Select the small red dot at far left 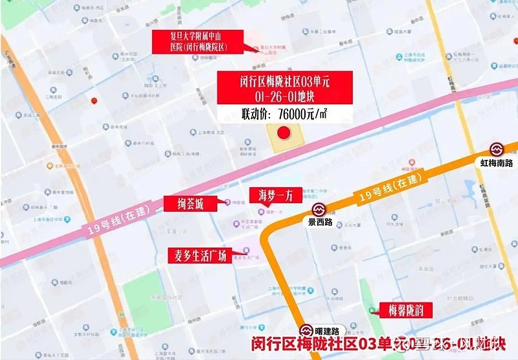(x=95, y=101)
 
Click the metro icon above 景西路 (x=319, y=209)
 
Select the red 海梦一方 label (x=275, y=195)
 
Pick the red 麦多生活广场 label (x=197, y=254)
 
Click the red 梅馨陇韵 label (x=405, y=309)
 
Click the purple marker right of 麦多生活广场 (x=244, y=252)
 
